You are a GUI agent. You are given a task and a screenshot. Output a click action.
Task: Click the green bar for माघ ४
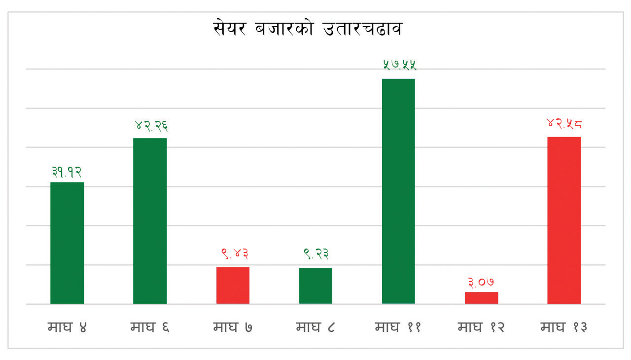(x=67, y=243)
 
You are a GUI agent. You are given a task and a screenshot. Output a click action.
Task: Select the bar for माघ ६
(x=150, y=220)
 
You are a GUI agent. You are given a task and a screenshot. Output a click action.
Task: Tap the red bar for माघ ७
(x=233, y=285)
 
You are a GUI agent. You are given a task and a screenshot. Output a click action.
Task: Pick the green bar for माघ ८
(x=315, y=286)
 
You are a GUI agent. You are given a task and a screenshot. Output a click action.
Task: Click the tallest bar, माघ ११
(x=398, y=191)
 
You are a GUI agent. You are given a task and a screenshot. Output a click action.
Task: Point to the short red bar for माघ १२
(x=481, y=297)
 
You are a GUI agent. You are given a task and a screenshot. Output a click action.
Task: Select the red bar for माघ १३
(x=564, y=220)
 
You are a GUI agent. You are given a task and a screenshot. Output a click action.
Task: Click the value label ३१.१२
(x=67, y=172)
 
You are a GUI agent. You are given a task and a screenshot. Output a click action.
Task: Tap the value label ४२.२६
(x=151, y=126)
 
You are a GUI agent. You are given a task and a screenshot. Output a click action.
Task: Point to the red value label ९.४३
(x=234, y=254)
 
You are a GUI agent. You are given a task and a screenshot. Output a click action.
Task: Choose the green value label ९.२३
(x=316, y=254)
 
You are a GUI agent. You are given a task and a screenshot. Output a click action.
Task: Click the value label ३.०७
(x=481, y=282)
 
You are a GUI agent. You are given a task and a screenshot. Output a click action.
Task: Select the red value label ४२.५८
(x=564, y=123)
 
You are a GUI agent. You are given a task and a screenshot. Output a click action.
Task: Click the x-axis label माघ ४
(x=67, y=327)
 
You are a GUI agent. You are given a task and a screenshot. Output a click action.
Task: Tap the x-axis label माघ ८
(x=315, y=327)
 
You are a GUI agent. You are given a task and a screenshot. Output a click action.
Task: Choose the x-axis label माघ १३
(x=563, y=327)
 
